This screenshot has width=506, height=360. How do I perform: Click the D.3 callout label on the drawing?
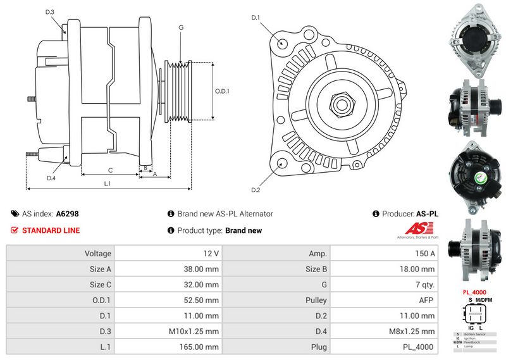pos(50,13)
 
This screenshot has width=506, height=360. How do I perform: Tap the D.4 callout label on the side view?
pos(51,178)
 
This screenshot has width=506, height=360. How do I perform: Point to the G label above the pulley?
pos(181,28)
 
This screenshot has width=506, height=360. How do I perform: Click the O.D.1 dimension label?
pos(222,91)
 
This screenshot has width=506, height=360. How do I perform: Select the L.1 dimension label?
pos(108,183)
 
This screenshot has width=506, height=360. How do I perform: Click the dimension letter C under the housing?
pos(110,170)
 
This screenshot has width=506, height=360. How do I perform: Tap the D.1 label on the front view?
pos(256,18)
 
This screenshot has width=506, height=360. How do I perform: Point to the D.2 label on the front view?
pos(256,190)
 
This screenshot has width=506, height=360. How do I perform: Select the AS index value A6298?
pos(68,214)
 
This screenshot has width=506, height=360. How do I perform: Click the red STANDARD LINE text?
pos(51,230)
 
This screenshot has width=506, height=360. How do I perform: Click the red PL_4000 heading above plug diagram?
pos(474,292)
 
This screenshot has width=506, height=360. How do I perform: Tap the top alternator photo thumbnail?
pos(474,37)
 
